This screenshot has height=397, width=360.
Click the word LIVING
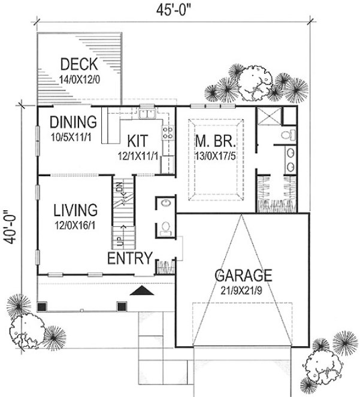click(x=75, y=210)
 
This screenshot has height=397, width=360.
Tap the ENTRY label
click(x=128, y=257)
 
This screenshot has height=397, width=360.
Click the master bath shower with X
click(x=268, y=116)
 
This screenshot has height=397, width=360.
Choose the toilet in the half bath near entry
click(x=165, y=228)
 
